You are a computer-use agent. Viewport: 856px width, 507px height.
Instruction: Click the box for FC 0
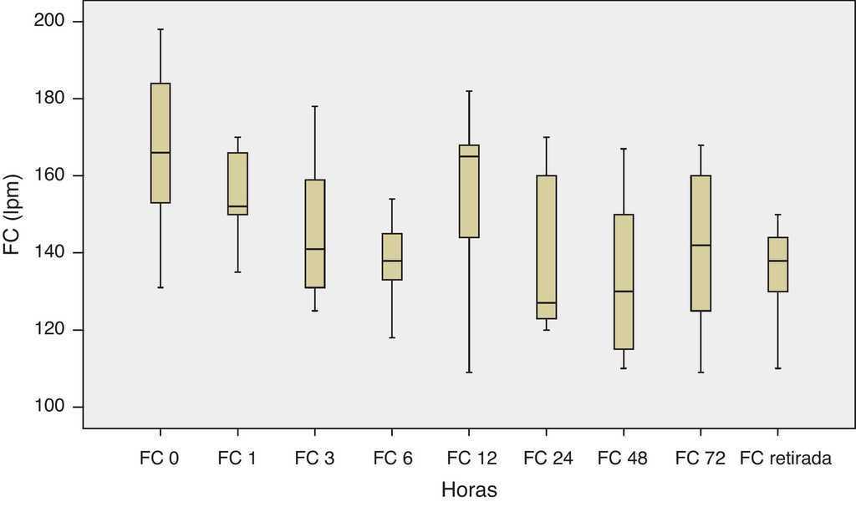click(160, 143)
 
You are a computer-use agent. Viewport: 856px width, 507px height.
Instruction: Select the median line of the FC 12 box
click(469, 156)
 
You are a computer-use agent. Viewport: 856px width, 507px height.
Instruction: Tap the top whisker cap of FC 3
click(314, 106)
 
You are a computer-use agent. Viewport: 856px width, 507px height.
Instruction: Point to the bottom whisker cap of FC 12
click(469, 372)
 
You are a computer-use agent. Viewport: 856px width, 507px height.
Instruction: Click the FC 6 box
click(392, 256)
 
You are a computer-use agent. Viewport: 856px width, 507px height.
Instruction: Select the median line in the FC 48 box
click(624, 292)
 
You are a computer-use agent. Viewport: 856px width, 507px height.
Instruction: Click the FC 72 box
click(701, 243)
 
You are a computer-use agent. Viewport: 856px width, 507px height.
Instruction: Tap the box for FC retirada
click(777, 264)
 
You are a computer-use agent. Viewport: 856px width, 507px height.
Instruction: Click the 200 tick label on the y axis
click(52, 21)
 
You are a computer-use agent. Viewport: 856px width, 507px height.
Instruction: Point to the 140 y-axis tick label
click(52, 252)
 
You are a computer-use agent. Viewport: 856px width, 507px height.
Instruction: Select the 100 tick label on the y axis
click(52, 407)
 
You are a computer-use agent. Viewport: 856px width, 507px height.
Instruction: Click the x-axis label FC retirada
click(785, 458)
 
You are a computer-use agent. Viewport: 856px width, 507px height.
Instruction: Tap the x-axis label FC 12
click(471, 458)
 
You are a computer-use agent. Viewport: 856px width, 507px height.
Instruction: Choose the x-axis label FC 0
click(160, 458)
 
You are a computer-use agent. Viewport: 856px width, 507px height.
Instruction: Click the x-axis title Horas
click(469, 489)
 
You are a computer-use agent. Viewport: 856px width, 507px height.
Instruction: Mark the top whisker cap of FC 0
click(160, 29)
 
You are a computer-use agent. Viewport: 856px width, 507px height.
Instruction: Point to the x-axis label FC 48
click(624, 458)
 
